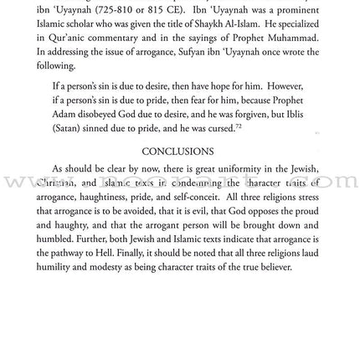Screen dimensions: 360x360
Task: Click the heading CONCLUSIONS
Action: (179, 199)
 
